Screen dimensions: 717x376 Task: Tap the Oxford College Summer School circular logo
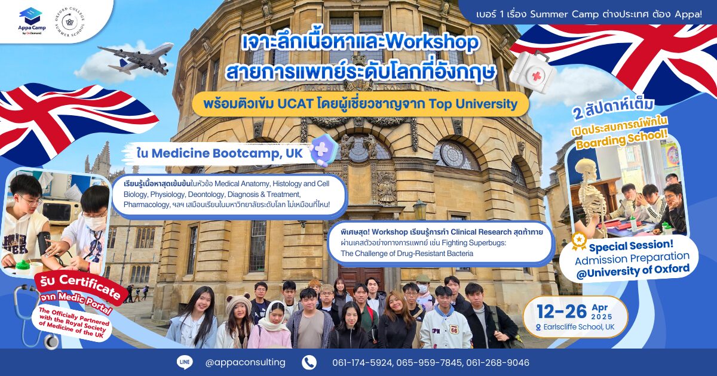pos(69,21)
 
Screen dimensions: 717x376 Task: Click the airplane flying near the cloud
pos(136,58)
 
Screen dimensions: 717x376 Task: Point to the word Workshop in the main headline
pos(432,42)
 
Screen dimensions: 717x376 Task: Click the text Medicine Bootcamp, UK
pos(226,153)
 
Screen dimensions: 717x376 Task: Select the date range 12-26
pos(562,312)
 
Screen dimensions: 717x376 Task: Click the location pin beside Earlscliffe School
pos(538,328)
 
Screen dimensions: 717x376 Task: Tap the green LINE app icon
pos(185,363)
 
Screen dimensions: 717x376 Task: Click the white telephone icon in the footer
pos(310,363)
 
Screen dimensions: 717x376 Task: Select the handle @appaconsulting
pos(245,363)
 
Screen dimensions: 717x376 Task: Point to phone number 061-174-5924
pos(362,363)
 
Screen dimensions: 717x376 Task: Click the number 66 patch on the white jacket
pos(454,330)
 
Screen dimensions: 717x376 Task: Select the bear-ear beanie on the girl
pos(238,303)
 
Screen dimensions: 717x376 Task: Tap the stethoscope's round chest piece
pos(51,342)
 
